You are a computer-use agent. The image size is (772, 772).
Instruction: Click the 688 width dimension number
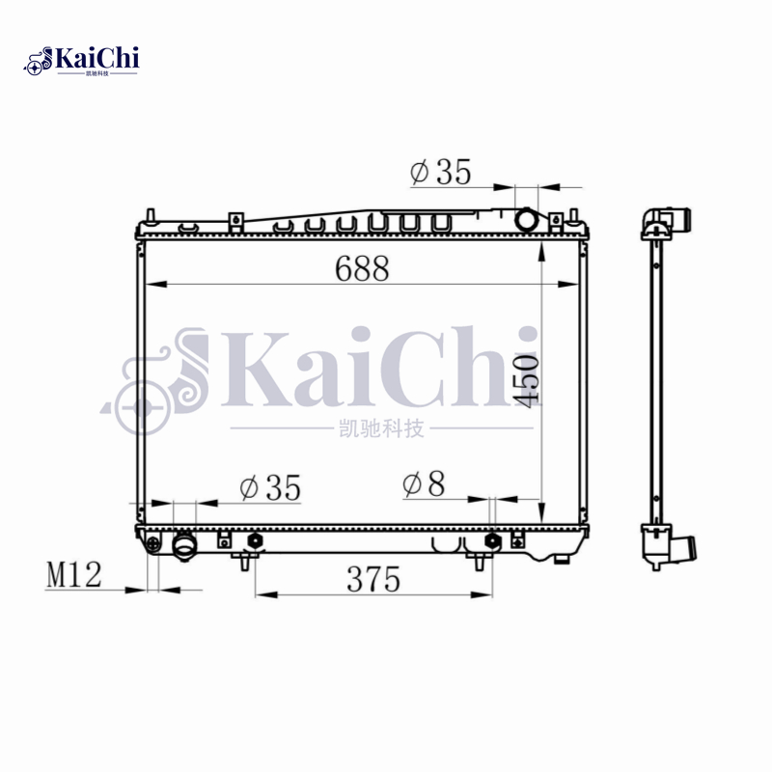pos(362,269)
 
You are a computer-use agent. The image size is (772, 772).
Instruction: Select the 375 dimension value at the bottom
pos(373,580)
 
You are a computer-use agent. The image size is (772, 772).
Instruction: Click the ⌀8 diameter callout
pos(425,484)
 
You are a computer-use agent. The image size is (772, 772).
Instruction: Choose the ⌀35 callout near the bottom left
pos(270,488)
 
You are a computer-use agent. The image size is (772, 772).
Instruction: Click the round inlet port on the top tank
pos(527,220)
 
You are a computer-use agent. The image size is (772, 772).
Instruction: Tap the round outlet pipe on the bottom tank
pos(184,547)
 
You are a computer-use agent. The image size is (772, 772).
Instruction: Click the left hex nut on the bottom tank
pos(256,540)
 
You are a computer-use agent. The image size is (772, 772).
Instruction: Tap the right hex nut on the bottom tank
pos(493,540)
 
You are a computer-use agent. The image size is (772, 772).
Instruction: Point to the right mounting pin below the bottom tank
pos(480,562)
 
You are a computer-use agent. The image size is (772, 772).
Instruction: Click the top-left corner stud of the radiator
pos(152,213)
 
